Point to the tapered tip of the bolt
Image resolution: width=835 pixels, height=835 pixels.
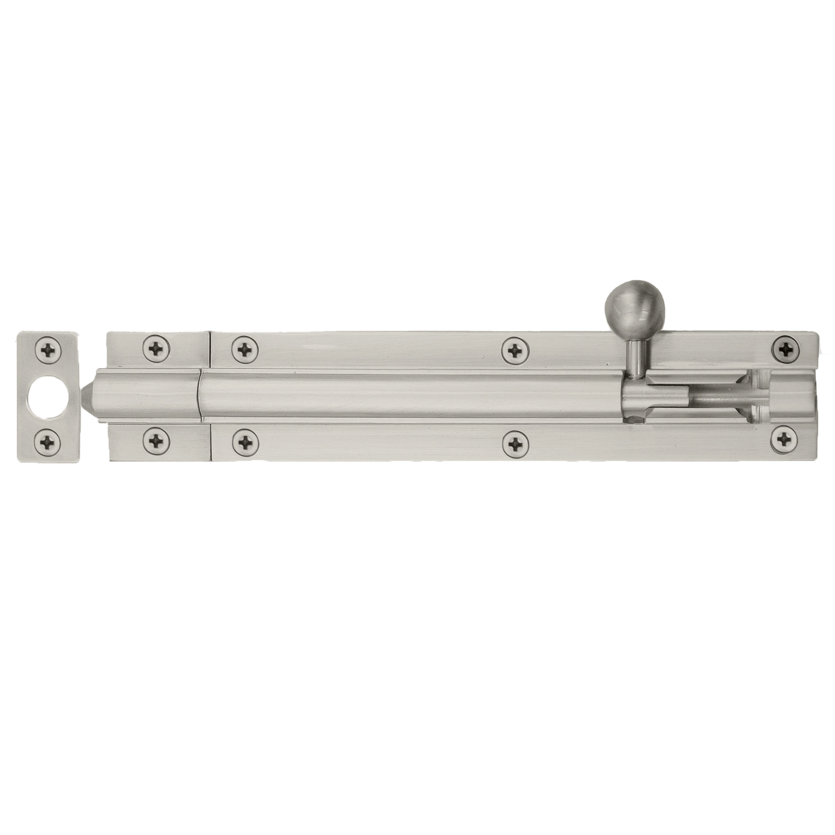point(89,395)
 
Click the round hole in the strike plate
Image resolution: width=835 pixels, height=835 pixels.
point(48,395)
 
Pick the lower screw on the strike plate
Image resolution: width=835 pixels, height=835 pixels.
point(48,441)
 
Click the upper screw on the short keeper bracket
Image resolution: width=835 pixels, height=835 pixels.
point(157,347)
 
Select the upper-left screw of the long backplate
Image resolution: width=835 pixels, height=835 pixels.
point(245,349)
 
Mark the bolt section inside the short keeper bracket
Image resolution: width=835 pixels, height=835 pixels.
point(147,395)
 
